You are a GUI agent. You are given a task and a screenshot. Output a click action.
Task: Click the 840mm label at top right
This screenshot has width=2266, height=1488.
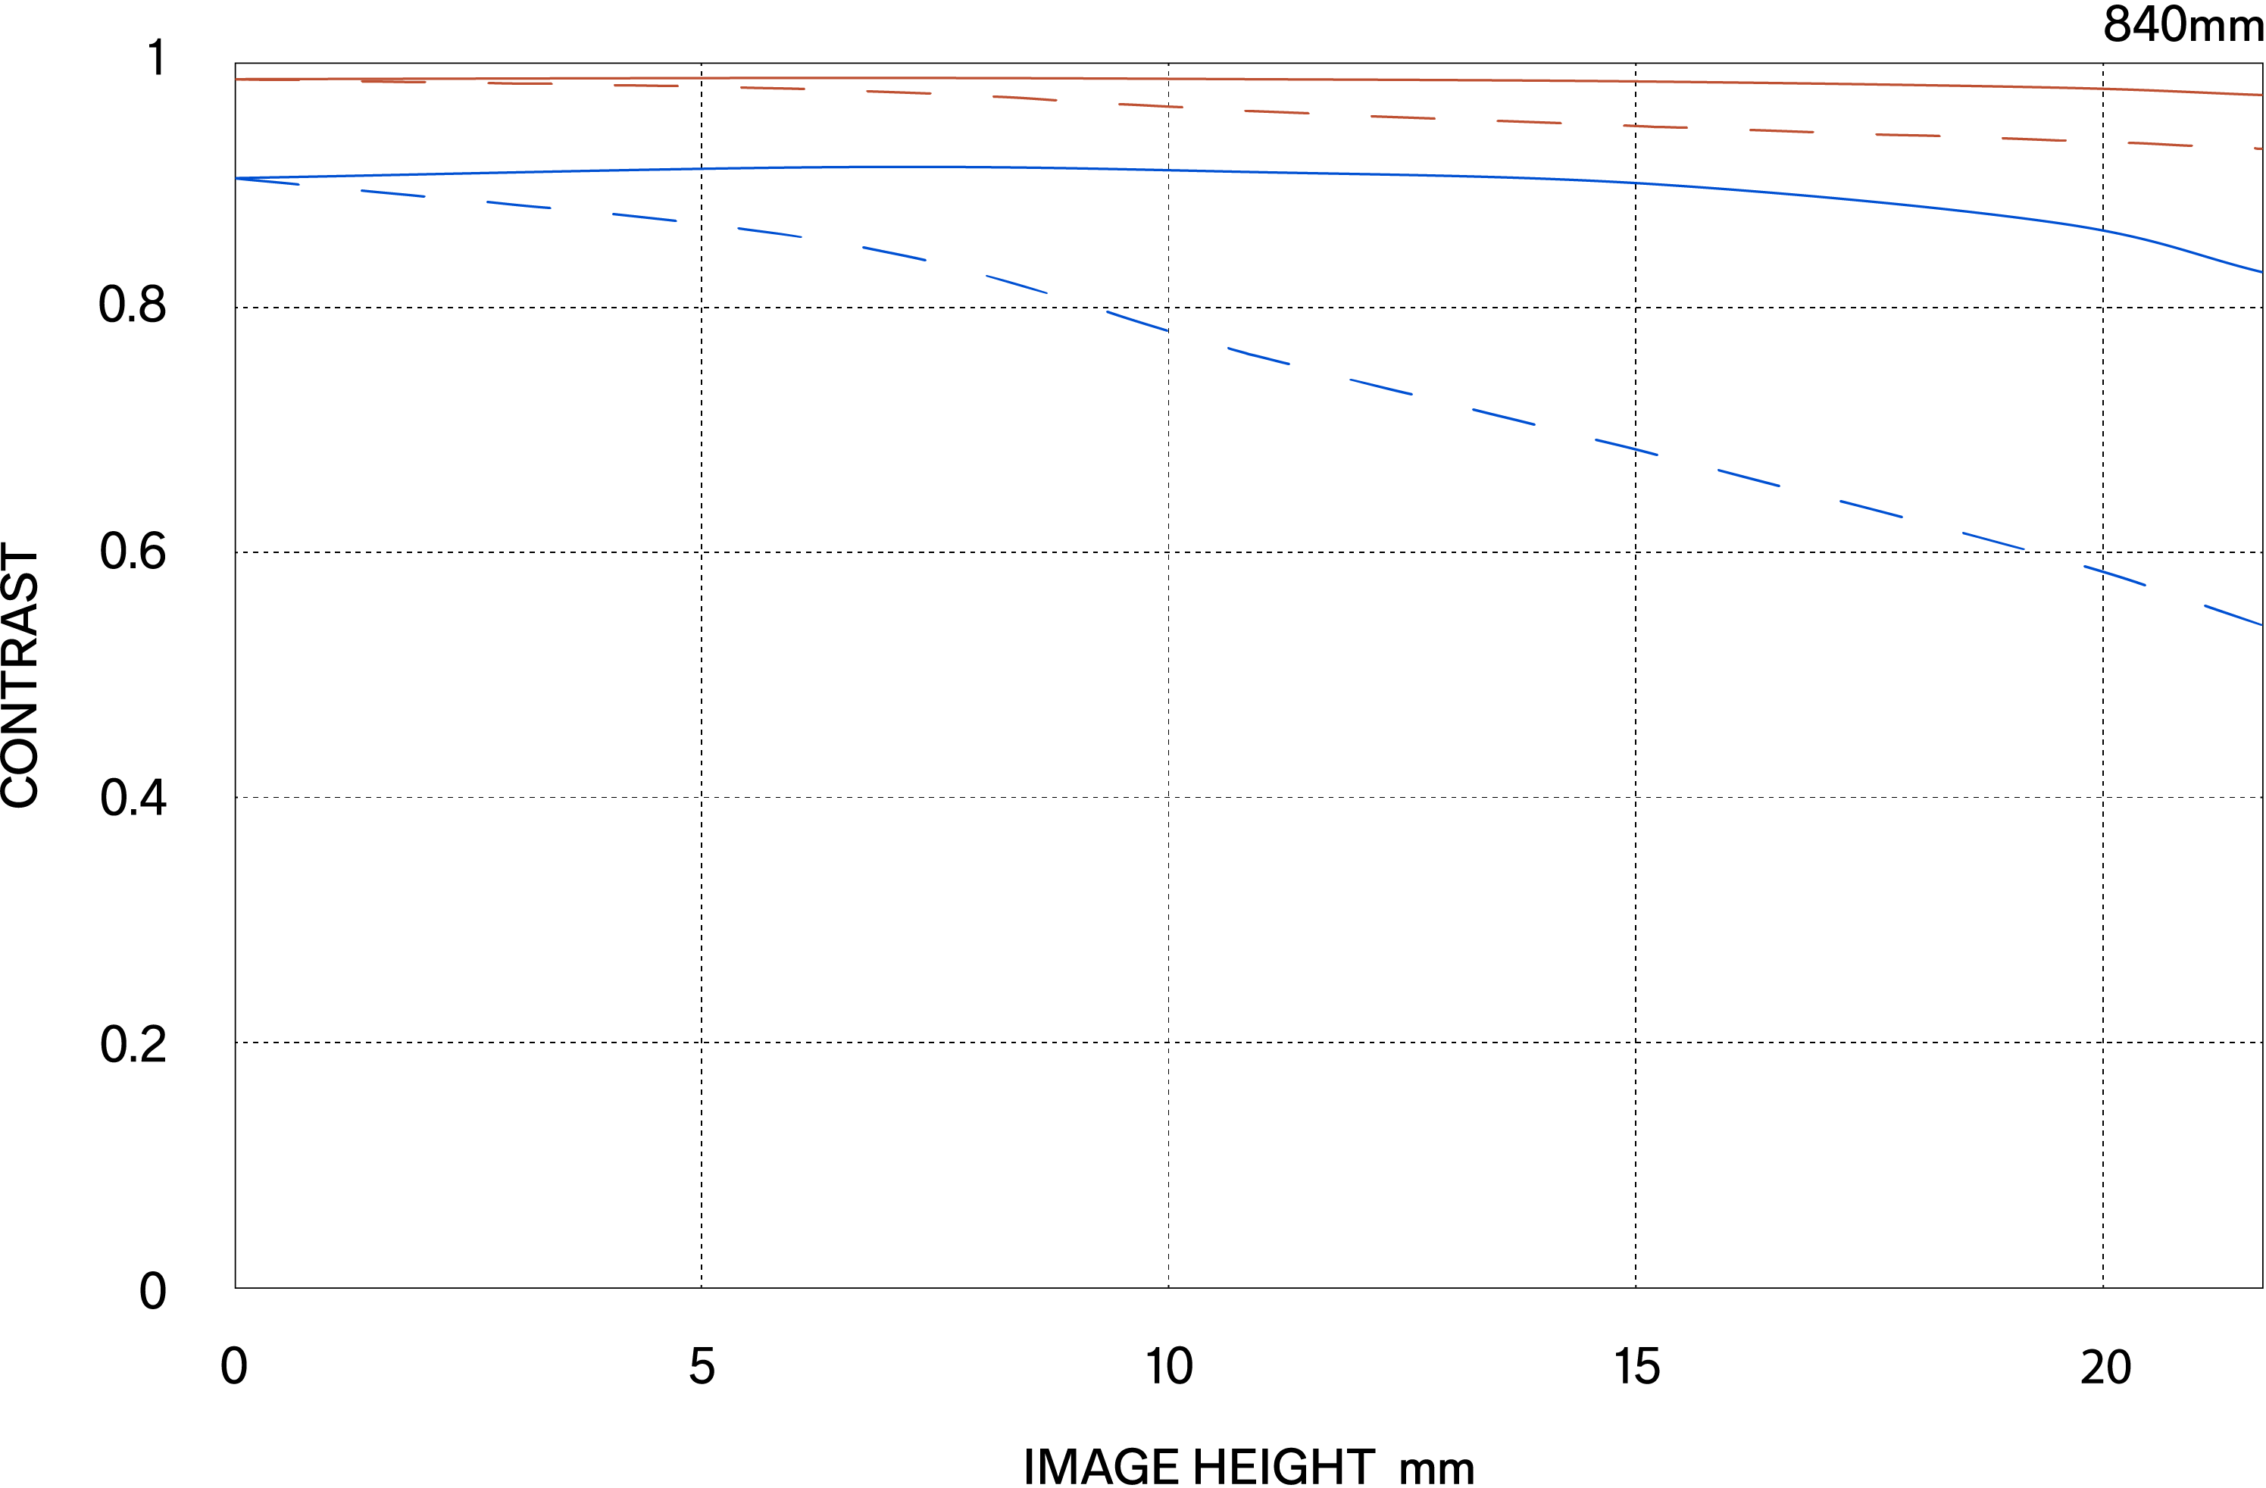click(x=2182, y=25)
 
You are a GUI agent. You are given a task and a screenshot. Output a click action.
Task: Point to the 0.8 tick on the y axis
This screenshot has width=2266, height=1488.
click(x=133, y=305)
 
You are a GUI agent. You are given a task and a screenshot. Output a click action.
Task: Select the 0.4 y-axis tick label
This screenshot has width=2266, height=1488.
click(x=133, y=797)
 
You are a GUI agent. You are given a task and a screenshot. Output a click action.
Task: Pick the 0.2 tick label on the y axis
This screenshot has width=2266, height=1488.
click(x=133, y=1044)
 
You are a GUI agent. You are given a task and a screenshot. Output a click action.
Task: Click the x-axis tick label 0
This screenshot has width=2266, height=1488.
click(x=233, y=1367)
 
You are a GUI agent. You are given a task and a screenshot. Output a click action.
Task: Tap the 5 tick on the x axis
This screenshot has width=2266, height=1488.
click(x=702, y=1367)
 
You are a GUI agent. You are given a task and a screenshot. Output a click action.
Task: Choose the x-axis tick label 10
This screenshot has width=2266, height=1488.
click(x=1168, y=1367)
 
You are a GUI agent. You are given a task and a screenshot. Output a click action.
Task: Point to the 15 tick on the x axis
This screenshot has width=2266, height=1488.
click(x=1636, y=1367)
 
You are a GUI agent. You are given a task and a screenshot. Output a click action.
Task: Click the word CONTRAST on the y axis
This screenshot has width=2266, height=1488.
click(x=21, y=676)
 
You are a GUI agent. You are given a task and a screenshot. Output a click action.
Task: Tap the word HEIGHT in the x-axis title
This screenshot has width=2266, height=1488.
click(x=1283, y=1467)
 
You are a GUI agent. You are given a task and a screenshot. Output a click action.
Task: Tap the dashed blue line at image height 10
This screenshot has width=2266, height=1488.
click(x=1164, y=330)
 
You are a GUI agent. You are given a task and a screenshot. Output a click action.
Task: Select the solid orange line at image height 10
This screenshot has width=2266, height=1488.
click(x=1168, y=79)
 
